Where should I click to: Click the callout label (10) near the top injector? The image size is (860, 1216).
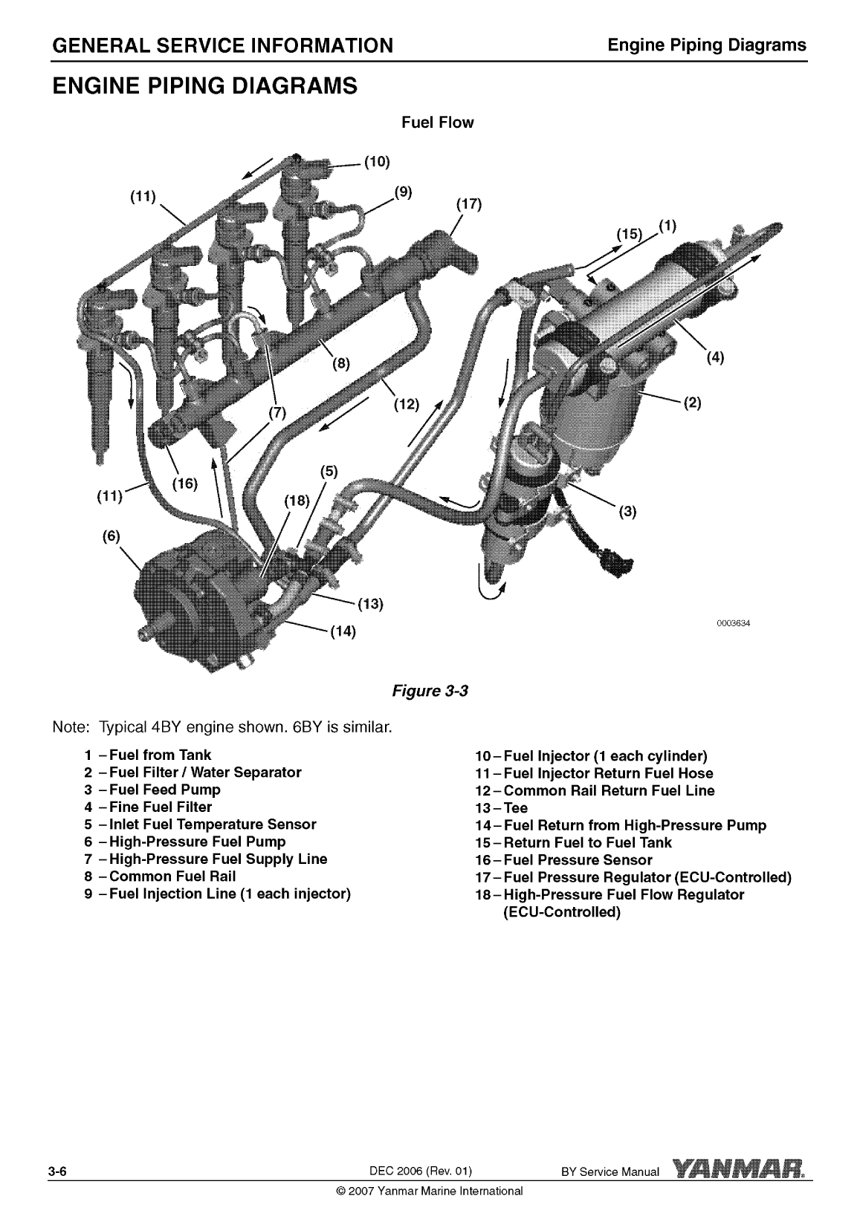click(377, 162)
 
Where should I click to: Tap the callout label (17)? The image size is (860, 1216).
click(468, 204)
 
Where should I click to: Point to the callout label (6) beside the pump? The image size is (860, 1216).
click(111, 536)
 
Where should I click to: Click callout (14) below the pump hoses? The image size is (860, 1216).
click(343, 632)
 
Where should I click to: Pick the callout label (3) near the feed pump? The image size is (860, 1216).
click(628, 511)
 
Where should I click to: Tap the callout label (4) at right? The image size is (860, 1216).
click(714, 357)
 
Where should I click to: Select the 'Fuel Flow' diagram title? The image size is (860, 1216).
click(437, 123)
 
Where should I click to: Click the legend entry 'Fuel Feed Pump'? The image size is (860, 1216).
click(164, 790)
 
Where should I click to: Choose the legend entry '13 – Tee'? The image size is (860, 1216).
click(502, 808)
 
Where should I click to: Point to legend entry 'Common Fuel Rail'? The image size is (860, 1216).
click(172, 876)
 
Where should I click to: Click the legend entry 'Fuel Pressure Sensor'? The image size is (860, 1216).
click(578, 860)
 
